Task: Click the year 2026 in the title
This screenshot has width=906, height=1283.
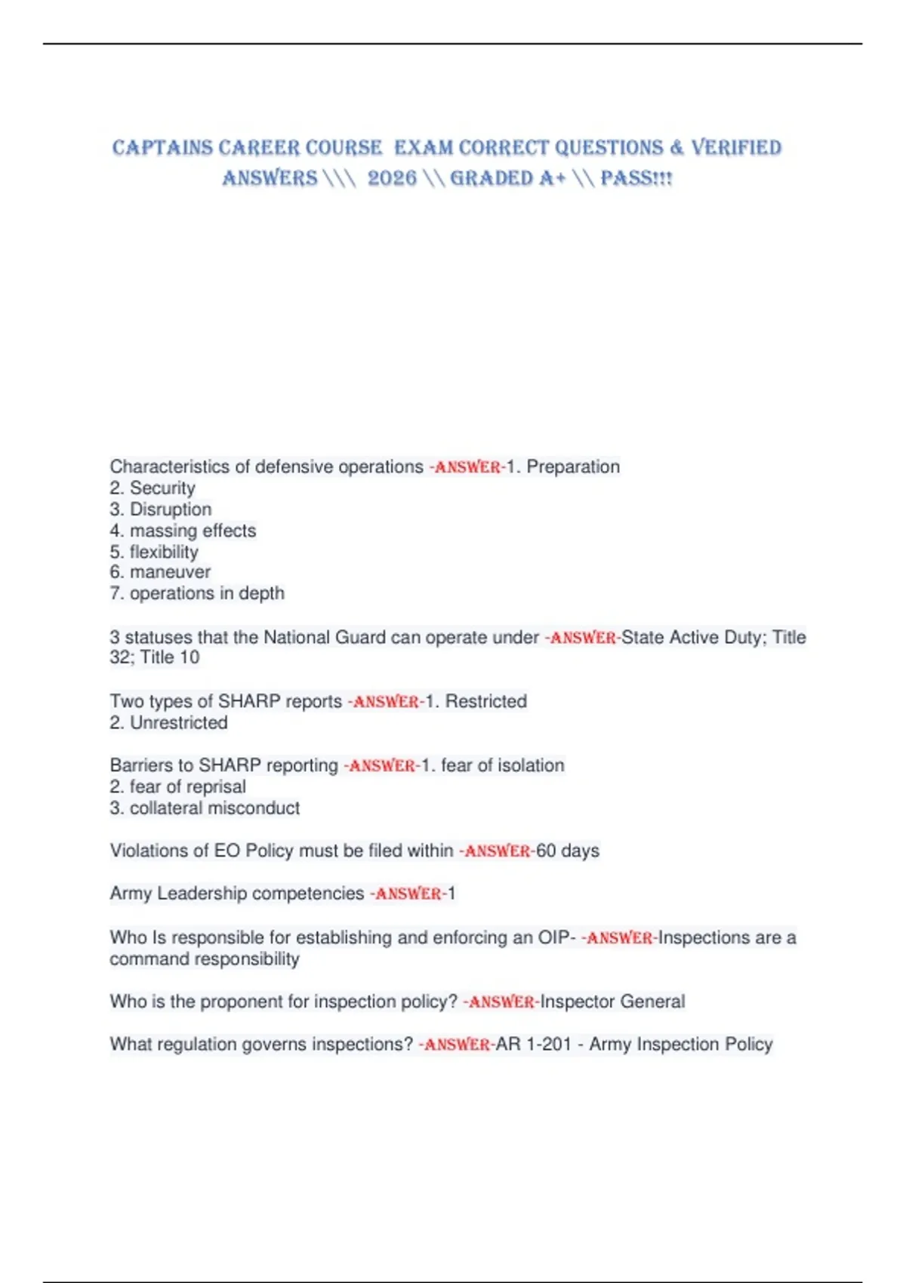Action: (392, 178)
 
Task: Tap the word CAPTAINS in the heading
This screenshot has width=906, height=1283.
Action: (162, 147)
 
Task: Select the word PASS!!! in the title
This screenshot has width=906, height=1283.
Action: (636, 178)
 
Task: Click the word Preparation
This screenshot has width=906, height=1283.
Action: (573, 466)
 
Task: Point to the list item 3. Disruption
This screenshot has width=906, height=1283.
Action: (160, 509)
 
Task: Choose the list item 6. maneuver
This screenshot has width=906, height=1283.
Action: (160, 572)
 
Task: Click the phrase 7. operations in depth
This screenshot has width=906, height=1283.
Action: (197, 593)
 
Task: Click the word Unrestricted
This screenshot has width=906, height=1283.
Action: (178, 723)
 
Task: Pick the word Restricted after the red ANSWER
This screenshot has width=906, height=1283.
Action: (485, 701)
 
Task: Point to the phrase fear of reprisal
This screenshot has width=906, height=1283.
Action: (187, 786)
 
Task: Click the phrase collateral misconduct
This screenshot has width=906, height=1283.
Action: (214, 808)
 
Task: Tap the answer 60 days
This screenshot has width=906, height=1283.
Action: (568, 851)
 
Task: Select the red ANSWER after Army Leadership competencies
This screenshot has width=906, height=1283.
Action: (408, 894)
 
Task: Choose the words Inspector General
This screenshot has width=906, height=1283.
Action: (612, 1001)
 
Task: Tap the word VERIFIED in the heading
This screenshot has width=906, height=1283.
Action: (736, 147)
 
